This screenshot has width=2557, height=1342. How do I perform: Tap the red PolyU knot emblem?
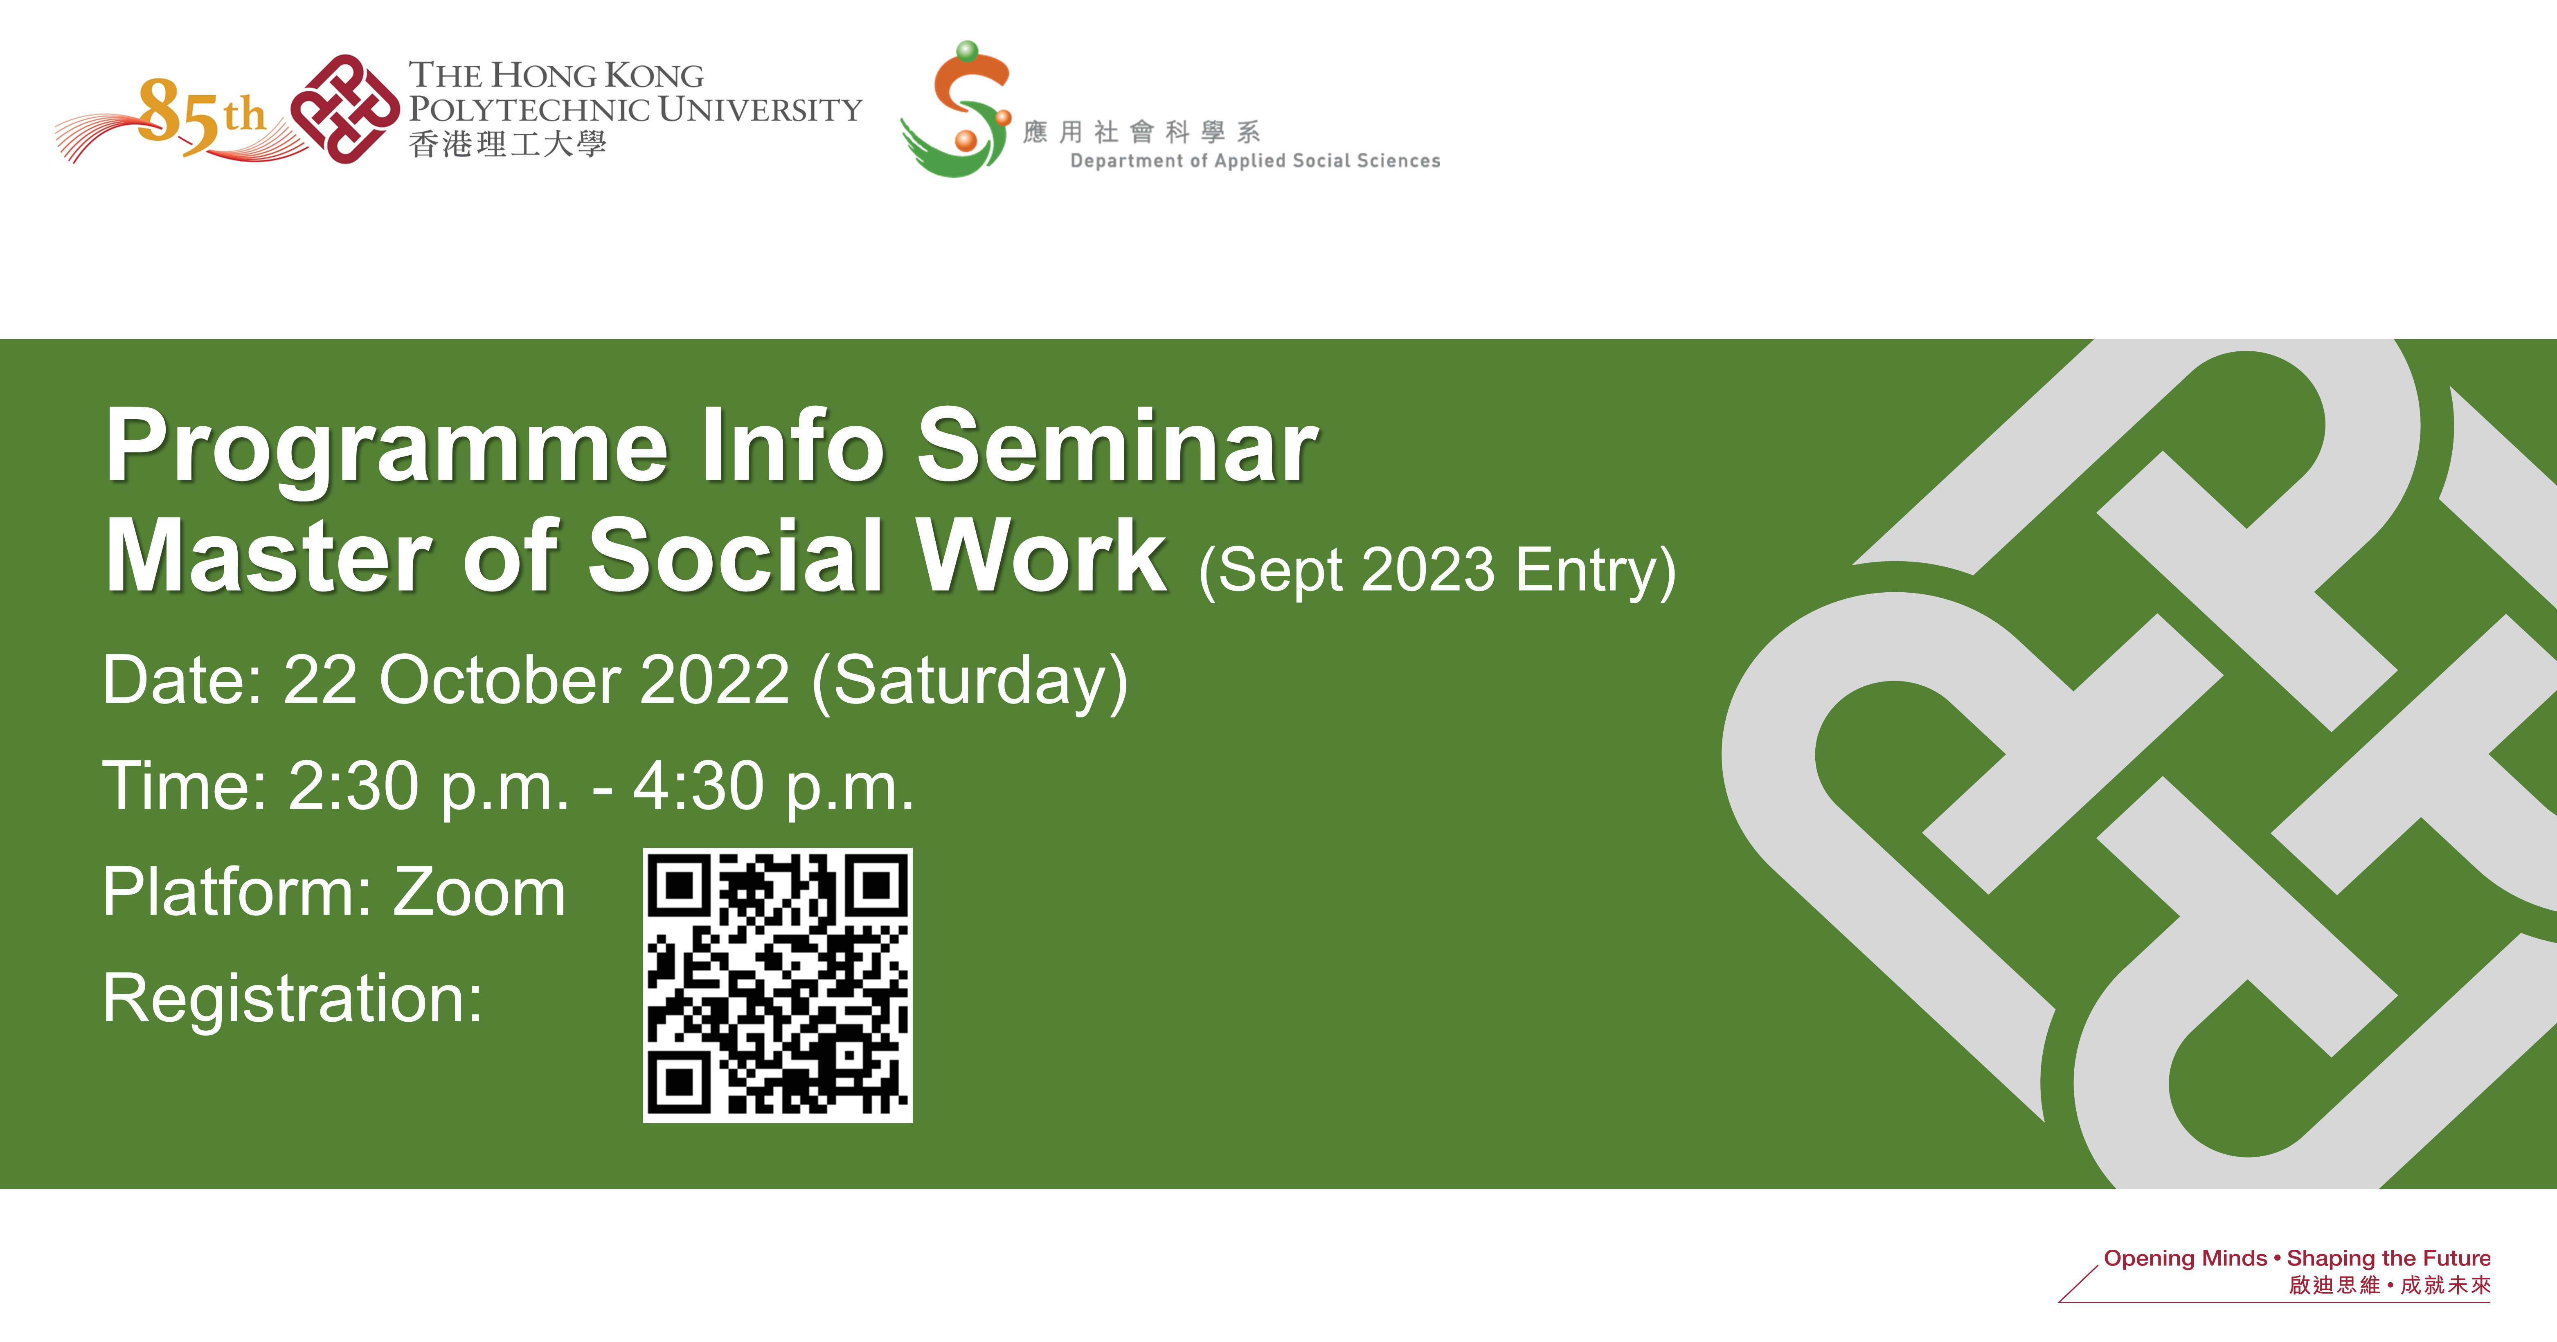(344, 109)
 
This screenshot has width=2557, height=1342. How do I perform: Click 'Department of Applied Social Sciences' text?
(1255, 161)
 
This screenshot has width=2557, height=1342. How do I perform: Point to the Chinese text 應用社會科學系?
(1141, 131)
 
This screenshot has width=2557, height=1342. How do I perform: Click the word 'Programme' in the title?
(387, 449)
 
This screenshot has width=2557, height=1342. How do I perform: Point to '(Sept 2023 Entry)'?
(1437, 571)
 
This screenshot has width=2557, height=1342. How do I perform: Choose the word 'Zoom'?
(479, 891)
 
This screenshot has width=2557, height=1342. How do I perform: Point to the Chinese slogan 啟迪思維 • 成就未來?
(2389, 1286)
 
